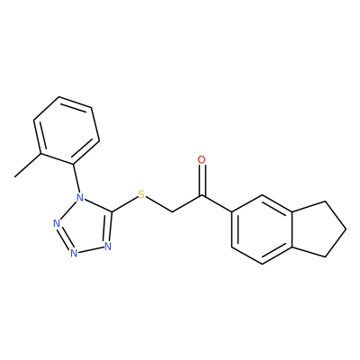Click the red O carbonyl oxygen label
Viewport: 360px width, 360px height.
(x=202, y=160)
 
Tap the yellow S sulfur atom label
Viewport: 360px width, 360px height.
(x=141, y=194)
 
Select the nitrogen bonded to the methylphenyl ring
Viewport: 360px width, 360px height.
(x=80, y=198)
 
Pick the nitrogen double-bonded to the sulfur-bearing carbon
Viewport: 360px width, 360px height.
(x=108, y=247)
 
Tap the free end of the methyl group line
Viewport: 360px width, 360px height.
(x=15, y=176)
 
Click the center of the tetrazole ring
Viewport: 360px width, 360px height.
(x=86, y=227)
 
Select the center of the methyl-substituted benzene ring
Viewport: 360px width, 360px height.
(x=67, y=130)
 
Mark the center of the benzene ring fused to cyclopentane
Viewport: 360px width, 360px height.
(x=262, y=229)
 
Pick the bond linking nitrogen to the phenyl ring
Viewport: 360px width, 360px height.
(x=76, y=179)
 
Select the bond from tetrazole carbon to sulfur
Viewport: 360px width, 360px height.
(x=125, y=204)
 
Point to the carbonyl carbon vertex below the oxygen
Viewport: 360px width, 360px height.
(x=202, y=195)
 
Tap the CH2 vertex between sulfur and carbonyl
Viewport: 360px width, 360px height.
(x=173, y=212)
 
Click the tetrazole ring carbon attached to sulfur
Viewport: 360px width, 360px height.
(x=112, y=212)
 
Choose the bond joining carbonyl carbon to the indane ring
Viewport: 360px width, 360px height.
(x=217, y=204)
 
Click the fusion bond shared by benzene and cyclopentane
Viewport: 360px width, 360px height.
(x=292, y=229)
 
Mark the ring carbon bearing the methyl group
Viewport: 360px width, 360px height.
(x=40, y=154)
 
